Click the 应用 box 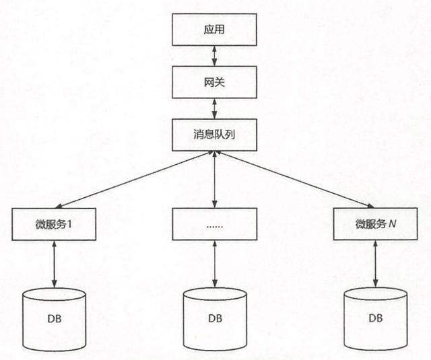[213, 31]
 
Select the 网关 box [213, 82]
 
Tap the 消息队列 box [213, 134]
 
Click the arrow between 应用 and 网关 [213, 57]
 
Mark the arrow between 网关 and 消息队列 [213, 108]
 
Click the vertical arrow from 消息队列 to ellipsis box [213, 178]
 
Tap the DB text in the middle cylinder [214, 318]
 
